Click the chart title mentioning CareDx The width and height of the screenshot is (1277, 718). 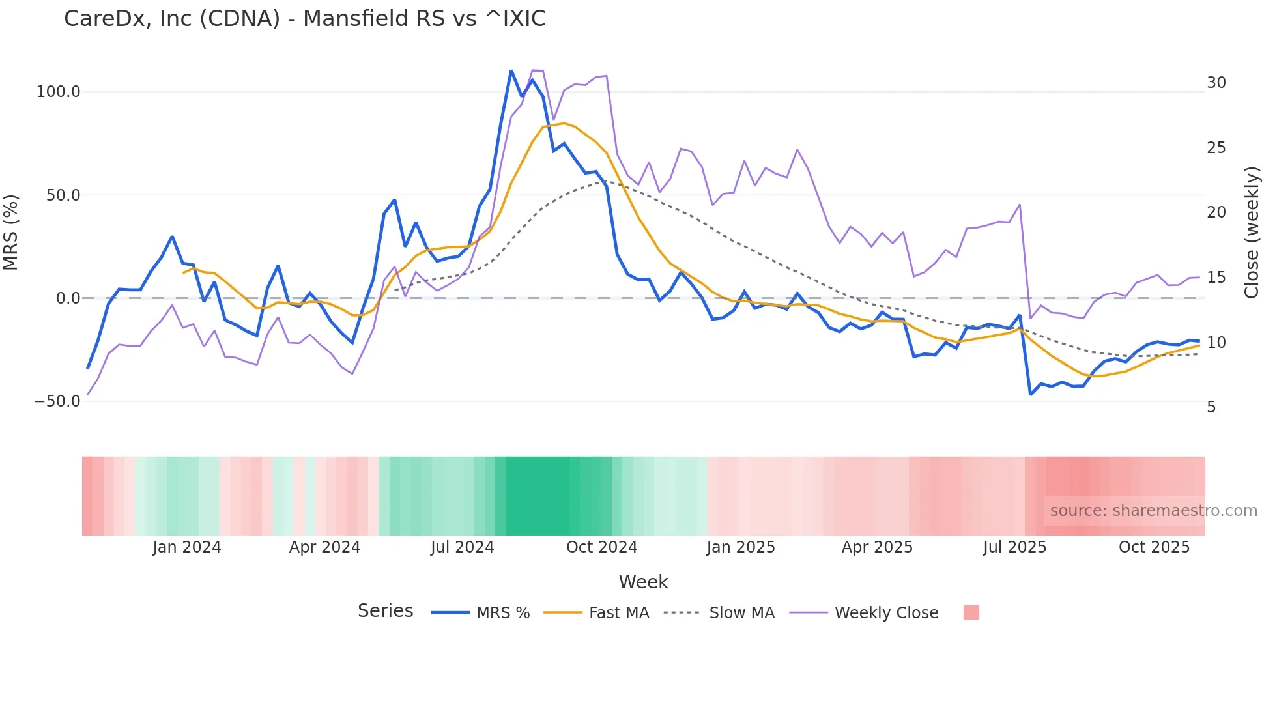pos(304,19)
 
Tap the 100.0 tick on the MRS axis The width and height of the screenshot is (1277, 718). pos(59,92)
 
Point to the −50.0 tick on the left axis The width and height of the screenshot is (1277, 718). pos(57,401)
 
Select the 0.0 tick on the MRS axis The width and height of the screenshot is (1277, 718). pos(68,298)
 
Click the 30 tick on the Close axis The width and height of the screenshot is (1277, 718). pos(1216,83)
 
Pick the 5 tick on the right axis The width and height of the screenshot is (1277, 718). pos(1211,407)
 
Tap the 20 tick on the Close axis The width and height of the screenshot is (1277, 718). pos(1216,212)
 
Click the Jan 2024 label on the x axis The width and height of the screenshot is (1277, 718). pos(187,547)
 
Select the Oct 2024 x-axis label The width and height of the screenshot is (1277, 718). pos(601,547)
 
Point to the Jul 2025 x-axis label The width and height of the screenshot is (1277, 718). pos(1014,547)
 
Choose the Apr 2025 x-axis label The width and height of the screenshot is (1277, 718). pos(877,547)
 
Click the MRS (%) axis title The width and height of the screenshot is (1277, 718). pos(11,233)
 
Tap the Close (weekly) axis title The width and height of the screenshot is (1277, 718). pos(1252,233)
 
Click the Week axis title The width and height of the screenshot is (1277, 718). pos(643,582)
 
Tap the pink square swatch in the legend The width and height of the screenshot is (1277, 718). pos(971,612)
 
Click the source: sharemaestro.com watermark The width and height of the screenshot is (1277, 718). pos(1153,511)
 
